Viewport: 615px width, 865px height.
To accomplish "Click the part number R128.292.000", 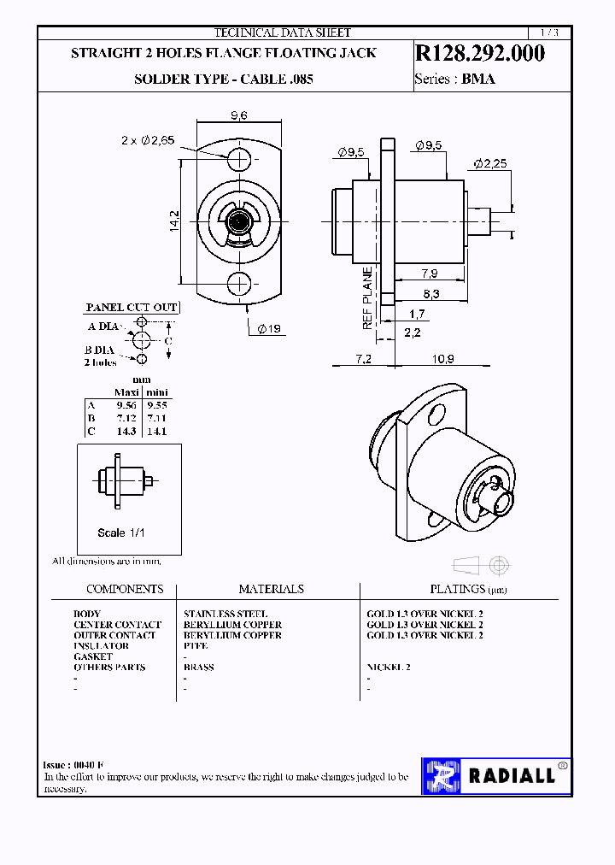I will (479, 53).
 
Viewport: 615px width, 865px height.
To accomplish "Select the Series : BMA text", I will (454, 79).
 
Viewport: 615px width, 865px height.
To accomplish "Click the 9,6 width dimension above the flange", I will (239, 116).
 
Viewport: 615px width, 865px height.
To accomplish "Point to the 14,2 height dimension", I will (174, 220).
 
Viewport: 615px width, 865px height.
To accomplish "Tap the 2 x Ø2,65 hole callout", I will (147, 140).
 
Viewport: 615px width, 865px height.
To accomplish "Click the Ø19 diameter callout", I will (268, 329).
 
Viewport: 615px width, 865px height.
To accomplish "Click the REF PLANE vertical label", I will (367, 299).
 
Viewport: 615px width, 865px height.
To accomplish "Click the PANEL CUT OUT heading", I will (132, 307).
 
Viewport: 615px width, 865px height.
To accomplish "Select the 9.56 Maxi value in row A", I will (126, 405).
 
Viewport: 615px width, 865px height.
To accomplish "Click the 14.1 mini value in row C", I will (156, 432).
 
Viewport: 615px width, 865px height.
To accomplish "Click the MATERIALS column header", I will (271, 589).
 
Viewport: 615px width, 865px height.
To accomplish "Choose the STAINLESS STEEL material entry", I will (225, 614).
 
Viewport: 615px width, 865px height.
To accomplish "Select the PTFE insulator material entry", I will (196, 646).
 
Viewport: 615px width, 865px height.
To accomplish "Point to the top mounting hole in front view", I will (240, 157).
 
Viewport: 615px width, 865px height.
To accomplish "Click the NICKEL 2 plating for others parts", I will (389, 667).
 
